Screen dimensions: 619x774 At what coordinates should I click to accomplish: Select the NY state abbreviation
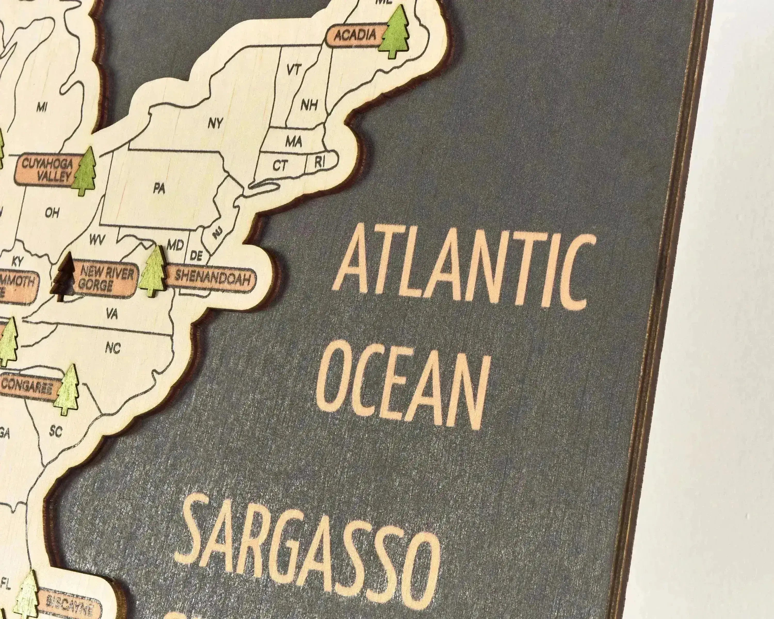tap(215, 124)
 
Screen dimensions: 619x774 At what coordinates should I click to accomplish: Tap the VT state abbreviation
tap(294, 70)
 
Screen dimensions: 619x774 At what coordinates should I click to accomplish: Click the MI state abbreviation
tap(42, 107)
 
